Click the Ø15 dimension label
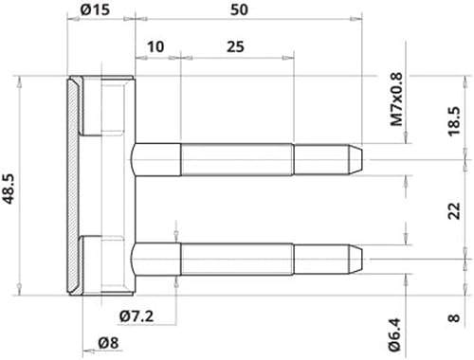pyautogui.click(x=95, y=9)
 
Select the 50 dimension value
pyautogui.click(x=239, y=9)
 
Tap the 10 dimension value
pyautogui.click(x=155, y=46)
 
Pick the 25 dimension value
pyautogui.click(x=235, y=46)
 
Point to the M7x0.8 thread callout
pyautogui.click(x=397, y=99)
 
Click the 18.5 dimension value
pyautogui.click(x=454, y=121)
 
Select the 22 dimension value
pyautogui.click(x=454, y=210)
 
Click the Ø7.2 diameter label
pyautogui.click(x=137, y=316)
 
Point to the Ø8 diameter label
pyautogui.click(x=108, y=343)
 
